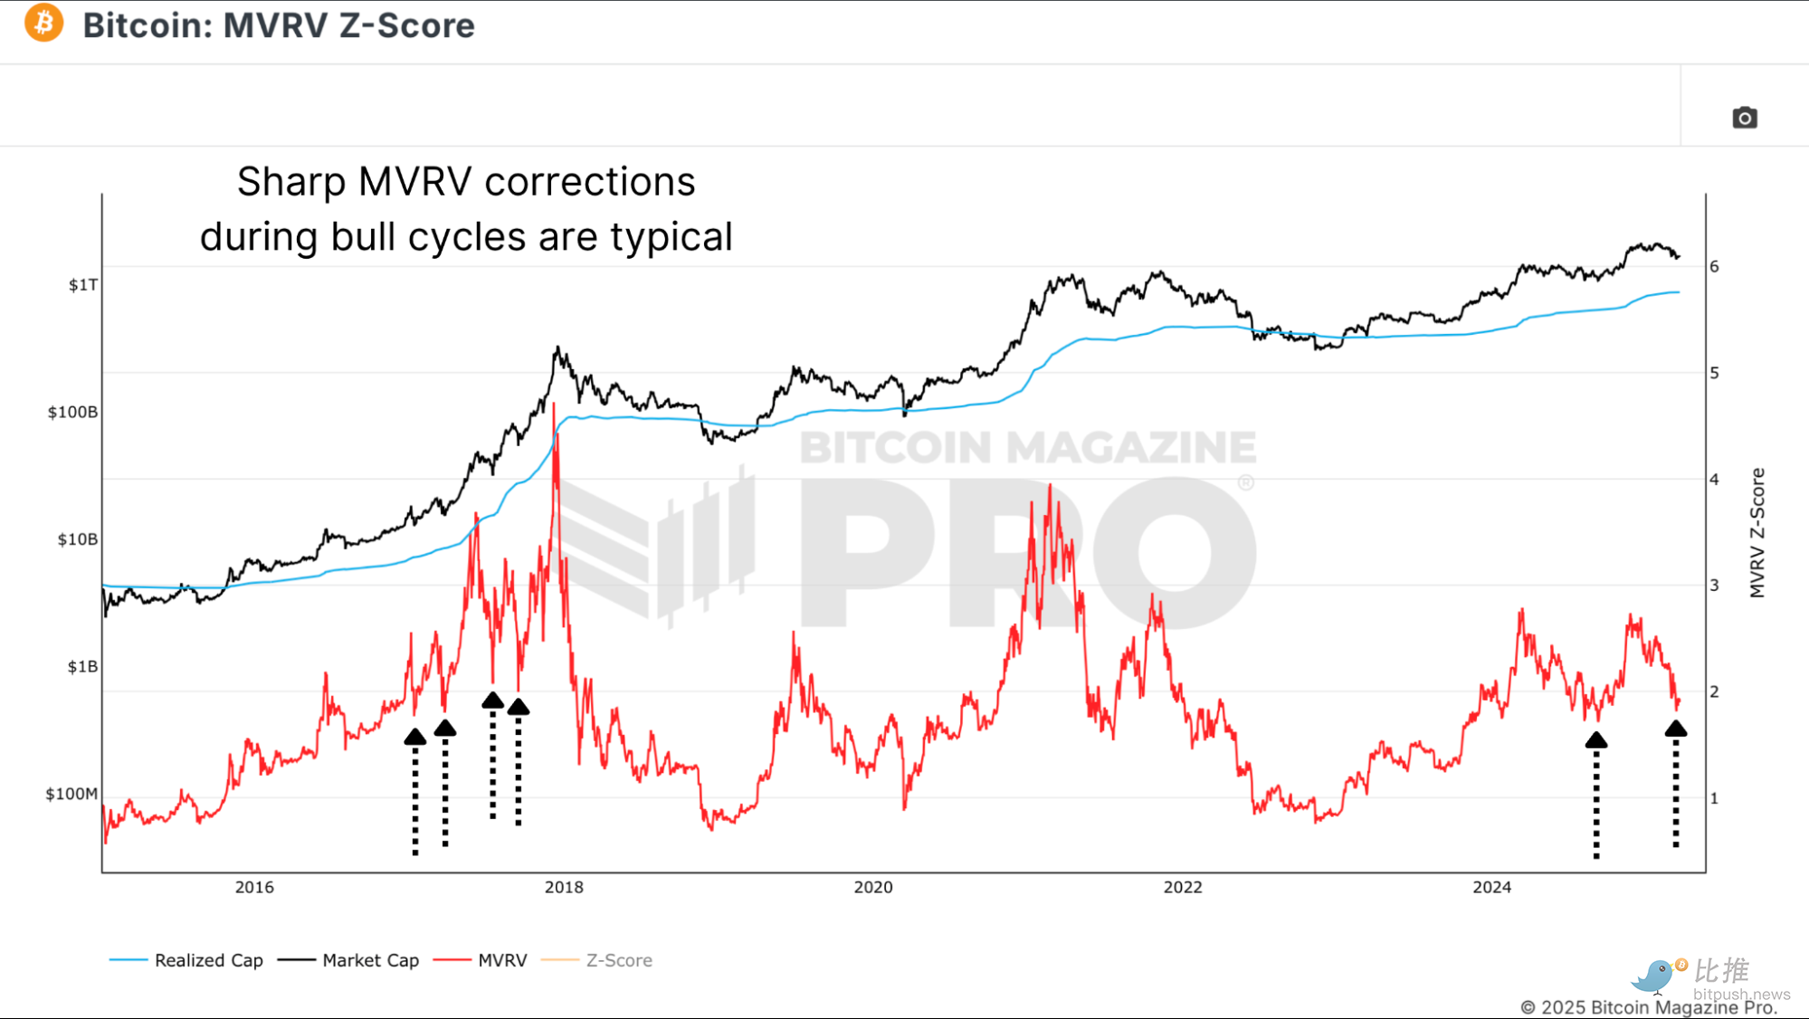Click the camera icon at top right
tap(1744, 118)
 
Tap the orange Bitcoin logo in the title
tap(43, 24)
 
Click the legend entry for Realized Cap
tap(186, 960)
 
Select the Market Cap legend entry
tap(348, 960)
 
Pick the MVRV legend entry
tap(481, 960)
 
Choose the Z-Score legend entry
tap(596, 960)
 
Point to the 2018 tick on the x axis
tap(564, 887)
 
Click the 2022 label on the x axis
tap(1183, 887)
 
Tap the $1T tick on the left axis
tap(83, 285)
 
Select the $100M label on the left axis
tap(71, 794)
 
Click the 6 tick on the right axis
tap(1714, 266)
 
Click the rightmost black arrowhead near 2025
tap(1675, 729)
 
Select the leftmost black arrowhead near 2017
tap(414, 737)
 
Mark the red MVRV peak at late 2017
tap(554, 405)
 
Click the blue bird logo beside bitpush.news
tap(1653, 976)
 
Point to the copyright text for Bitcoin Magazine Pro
tap(1649, 1007)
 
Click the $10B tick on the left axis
tap(78, 539)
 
